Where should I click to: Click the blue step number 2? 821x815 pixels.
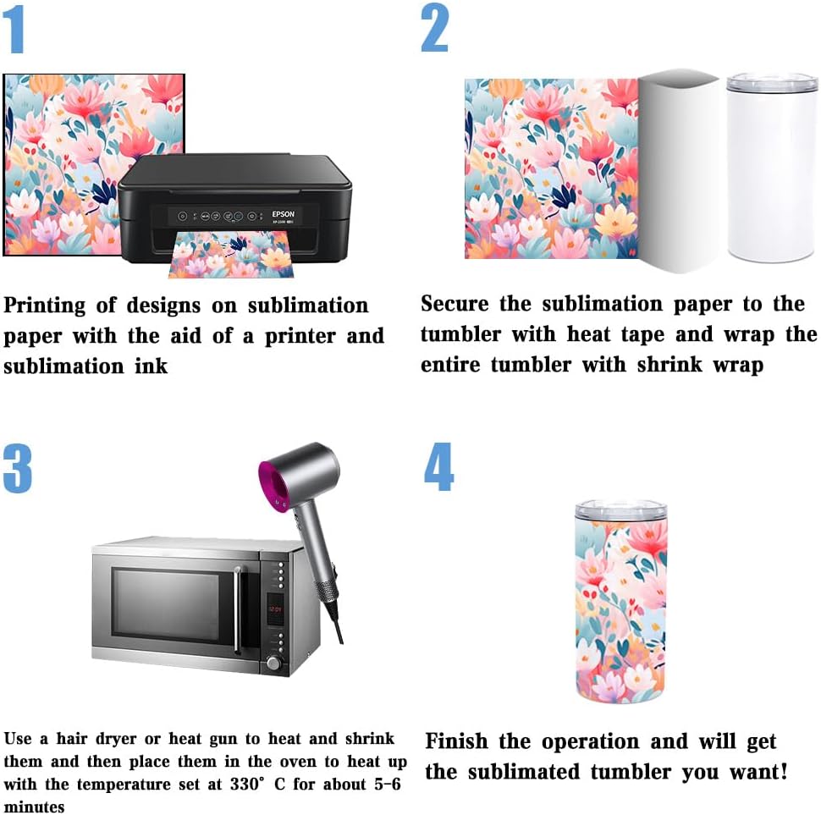coord(434,29)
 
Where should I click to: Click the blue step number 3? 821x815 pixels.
coord(17,468)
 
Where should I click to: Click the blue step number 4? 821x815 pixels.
coord(438,467)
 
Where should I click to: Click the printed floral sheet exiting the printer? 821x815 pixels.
coord(230,256)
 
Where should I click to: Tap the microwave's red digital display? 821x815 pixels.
coord(274,608)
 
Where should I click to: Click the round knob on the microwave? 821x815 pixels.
coord(273,662)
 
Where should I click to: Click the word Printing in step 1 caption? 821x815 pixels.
coord(44,306)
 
